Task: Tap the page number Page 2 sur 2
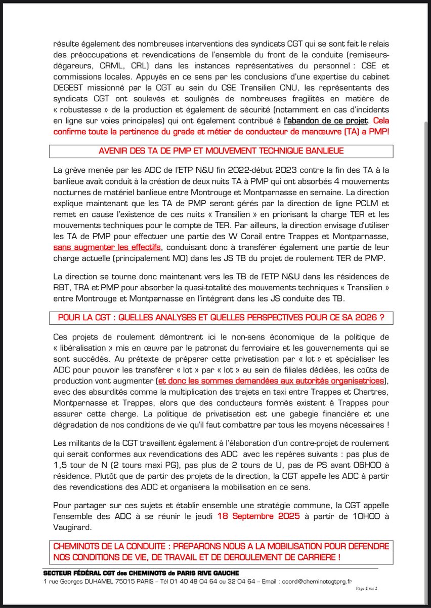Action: [370, 589]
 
